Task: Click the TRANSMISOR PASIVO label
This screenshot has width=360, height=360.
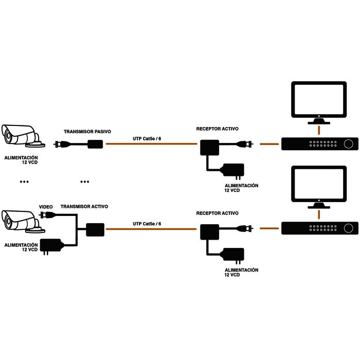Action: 87,131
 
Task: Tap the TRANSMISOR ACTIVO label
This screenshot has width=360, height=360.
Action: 84,206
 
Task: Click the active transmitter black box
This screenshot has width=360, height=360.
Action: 95,229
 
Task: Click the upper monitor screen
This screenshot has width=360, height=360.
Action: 319,100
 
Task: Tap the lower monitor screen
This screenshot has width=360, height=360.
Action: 319,184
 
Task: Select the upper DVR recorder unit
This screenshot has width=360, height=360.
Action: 319,144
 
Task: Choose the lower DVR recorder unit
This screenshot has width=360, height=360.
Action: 319,228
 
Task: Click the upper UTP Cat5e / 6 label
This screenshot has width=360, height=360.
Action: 147,138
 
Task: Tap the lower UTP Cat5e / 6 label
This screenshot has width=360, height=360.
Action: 147,224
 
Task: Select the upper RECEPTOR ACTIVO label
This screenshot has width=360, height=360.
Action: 217,129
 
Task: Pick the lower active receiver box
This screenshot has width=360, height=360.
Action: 208,231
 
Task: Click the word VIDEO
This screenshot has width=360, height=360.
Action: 46,207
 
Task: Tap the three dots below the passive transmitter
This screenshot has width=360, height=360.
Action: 85,182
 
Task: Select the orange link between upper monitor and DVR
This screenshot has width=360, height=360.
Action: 319,129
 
